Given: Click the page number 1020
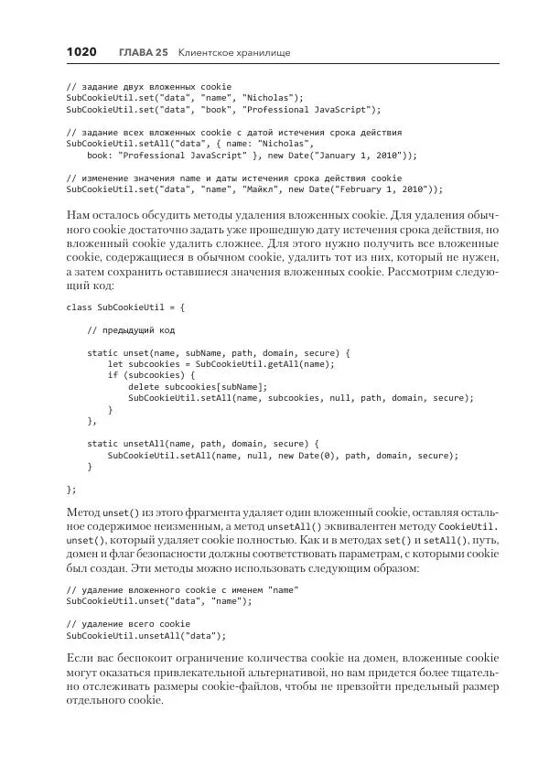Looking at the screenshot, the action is [x=81, y=52].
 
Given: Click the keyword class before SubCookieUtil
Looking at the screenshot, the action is [x=79, y=307].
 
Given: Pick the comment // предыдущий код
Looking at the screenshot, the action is [x=131, y=329].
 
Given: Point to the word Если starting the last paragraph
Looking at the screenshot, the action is [x=81, y=658].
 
